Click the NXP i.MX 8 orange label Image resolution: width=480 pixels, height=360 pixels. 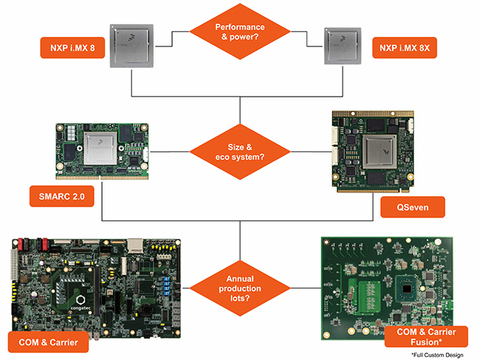click(x=72, y=49)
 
